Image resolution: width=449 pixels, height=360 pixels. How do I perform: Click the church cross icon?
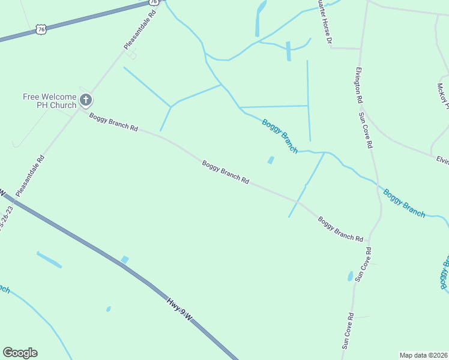(x=86, y=100)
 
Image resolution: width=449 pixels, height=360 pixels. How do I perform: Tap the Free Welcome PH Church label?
(x=49, y=101)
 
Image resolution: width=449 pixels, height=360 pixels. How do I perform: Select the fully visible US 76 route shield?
(x=41, y=29)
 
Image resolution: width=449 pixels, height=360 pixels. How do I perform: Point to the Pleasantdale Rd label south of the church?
(x=30, y=176)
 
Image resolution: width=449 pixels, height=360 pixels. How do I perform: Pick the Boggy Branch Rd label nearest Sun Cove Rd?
(x=340, y=229)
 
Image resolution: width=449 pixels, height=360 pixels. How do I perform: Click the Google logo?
(x=20, y=353)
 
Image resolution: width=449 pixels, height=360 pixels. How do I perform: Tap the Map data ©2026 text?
(x=423, y=355)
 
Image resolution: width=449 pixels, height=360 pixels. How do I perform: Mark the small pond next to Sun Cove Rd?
(x=351, y=276)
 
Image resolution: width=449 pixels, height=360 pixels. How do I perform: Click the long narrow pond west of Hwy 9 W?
(x=49, y=260)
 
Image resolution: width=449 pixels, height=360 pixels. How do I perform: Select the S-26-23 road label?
(x=6, y=220)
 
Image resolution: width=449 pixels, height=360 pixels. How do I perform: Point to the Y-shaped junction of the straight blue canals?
(x=170, y=107)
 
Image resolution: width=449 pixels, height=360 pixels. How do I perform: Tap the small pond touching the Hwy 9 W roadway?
(x=125, y=259)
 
